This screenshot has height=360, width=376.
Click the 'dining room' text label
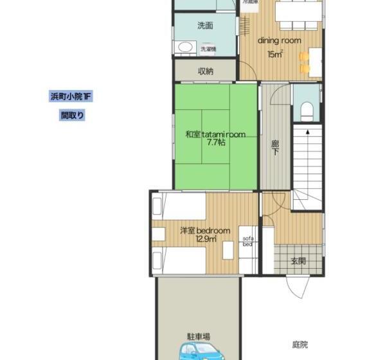[x=280, y=40]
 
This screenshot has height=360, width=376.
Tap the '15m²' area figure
[x=275, y=55]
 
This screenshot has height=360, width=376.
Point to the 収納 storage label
[x=206, y=71]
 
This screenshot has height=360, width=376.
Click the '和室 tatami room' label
[x=215, y=134]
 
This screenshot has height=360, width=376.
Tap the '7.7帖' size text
[x=215, y=143]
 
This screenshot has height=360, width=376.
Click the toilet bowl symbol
[x=306, y=109]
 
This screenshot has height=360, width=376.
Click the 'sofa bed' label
[x=248, y=242]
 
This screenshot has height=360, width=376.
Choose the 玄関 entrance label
[x=297, y=262]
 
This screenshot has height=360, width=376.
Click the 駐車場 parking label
[x=199, y=336]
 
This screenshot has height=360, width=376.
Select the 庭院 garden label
[x=300, y=345]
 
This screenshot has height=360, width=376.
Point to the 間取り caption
[x=73, y=116]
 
